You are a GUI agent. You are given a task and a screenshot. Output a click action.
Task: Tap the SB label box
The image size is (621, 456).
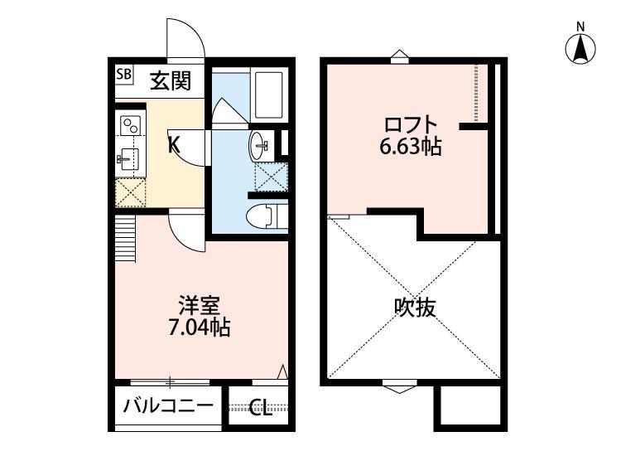[x=123, y=74]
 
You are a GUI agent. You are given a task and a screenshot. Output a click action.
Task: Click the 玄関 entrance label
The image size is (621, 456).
[x=171, y=80]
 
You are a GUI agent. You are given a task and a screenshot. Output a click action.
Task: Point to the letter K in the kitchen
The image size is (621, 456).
[x=174, y=144]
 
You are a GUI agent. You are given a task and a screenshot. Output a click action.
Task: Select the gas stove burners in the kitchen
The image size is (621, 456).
[x=131, y=126]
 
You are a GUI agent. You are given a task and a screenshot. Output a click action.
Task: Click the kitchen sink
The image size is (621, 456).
[x=129, y=158]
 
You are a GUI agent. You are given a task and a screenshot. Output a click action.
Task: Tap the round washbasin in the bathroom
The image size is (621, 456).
[x=258, y=147]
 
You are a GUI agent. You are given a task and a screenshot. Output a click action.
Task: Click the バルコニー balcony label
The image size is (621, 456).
[x=168, y=407]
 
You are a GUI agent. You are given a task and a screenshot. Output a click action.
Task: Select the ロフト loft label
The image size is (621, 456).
[x=409, y=126]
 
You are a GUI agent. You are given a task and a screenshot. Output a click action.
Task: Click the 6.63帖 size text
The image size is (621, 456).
[x=411, y=148]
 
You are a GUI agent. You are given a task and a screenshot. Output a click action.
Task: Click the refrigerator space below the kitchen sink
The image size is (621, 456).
[x=129, y=192]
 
